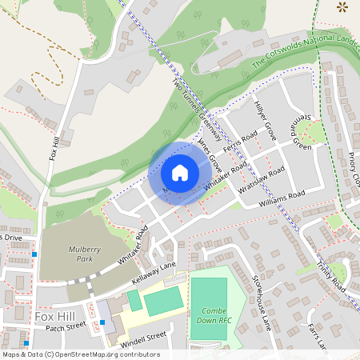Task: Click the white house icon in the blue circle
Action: click(x=179, y=172)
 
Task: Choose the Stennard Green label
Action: click(x=299, y=128)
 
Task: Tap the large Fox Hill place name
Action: click(x=54, y=317)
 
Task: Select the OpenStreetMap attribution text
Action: click(x=81, y=354)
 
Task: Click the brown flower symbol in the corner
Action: click(x=343, y=8)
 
